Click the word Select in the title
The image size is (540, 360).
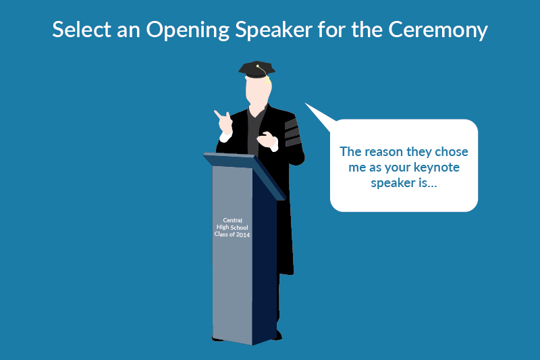(78, 30)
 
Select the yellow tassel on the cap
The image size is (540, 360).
(267, 79)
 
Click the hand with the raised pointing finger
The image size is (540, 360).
(223, 122)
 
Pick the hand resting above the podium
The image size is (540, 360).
(267, 142)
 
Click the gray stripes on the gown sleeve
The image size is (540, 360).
(292, 132)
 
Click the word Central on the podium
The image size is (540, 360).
(233, 220)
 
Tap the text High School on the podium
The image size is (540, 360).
(233, 227)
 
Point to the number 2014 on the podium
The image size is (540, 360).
(243, 234)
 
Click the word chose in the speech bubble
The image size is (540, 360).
(452, 152)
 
